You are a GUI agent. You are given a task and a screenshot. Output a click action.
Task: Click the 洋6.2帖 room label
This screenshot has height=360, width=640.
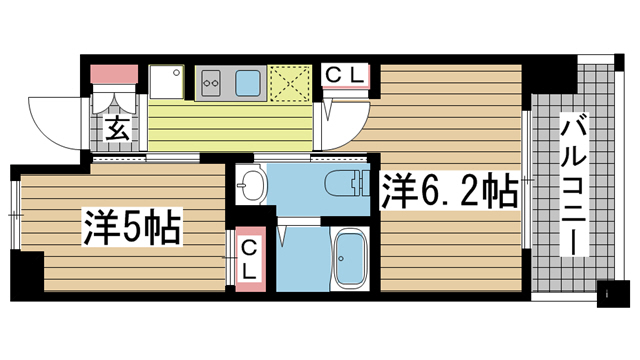pos(450,191)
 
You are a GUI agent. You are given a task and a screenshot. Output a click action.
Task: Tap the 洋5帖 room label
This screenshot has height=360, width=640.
pos(132,227)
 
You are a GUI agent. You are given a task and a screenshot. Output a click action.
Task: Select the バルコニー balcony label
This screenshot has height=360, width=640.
pos(573,184)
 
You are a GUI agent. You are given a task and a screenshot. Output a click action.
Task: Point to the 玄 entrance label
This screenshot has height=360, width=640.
pos(118,128)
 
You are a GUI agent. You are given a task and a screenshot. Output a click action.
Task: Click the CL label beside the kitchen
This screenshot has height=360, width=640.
pos(345,75)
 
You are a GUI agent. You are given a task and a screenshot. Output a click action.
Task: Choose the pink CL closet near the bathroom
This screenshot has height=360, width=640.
pos(251,259)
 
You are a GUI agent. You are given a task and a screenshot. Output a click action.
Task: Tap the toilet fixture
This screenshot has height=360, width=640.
pos(347,183)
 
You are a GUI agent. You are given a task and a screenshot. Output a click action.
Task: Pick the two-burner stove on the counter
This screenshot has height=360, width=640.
pos(211,82)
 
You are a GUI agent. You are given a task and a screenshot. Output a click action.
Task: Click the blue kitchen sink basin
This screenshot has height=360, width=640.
pos(247,82)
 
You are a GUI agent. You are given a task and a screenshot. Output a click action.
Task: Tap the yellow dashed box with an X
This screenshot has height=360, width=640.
pos(290,83)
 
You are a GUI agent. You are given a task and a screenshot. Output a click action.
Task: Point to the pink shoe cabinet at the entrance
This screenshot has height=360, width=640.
pos(114,74)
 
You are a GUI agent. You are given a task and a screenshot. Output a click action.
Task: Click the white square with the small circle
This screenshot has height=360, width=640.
pos(166,82)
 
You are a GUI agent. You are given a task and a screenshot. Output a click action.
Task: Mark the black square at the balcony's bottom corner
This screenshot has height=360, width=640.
pos(611,294)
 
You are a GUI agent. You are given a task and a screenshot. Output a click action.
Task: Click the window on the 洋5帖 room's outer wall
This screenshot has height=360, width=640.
pos(15,215)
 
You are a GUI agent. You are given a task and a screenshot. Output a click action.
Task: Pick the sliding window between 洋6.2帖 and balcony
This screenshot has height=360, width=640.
pos(527,180)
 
